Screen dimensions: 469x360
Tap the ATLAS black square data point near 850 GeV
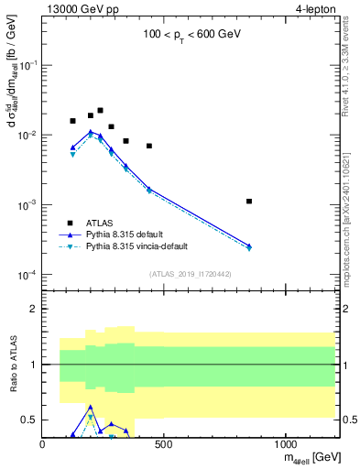click(x=249, y=201)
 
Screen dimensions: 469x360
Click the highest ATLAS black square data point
click(x=100, y=110)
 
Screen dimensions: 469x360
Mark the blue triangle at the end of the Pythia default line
click(x=249, y=245)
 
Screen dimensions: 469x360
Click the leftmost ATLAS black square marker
click(x=73, y=121)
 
